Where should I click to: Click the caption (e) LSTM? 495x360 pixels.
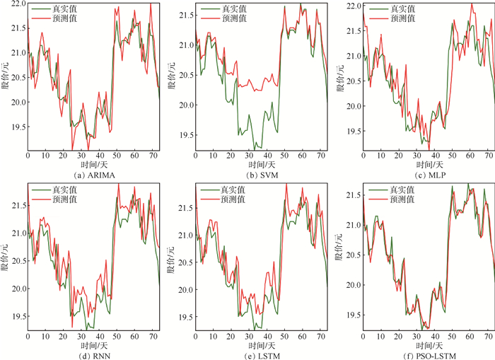[261, 355]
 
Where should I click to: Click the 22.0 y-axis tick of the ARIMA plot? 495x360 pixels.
[16, 4]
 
